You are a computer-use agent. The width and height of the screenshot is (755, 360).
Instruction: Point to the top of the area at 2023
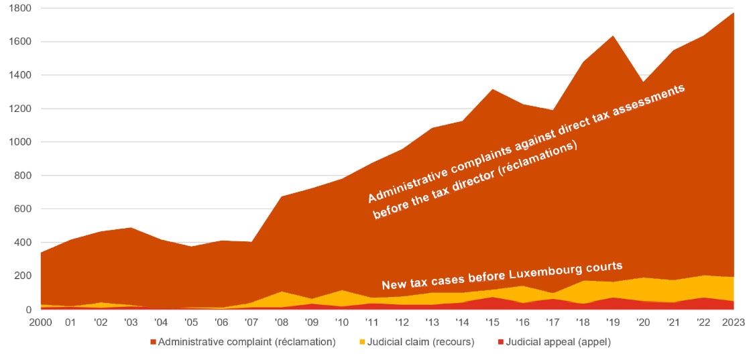click(x=733, y=13)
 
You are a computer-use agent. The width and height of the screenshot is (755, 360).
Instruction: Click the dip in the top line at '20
click(x=642, y=82)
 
